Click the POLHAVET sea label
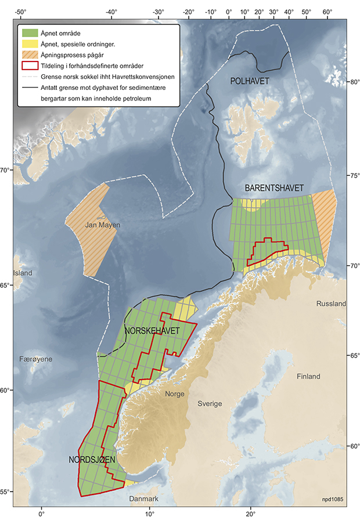coord(250,81)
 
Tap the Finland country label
coord(308,377)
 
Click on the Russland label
coord(331,304)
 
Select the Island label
coord(23,273)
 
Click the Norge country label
coord(174,394)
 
